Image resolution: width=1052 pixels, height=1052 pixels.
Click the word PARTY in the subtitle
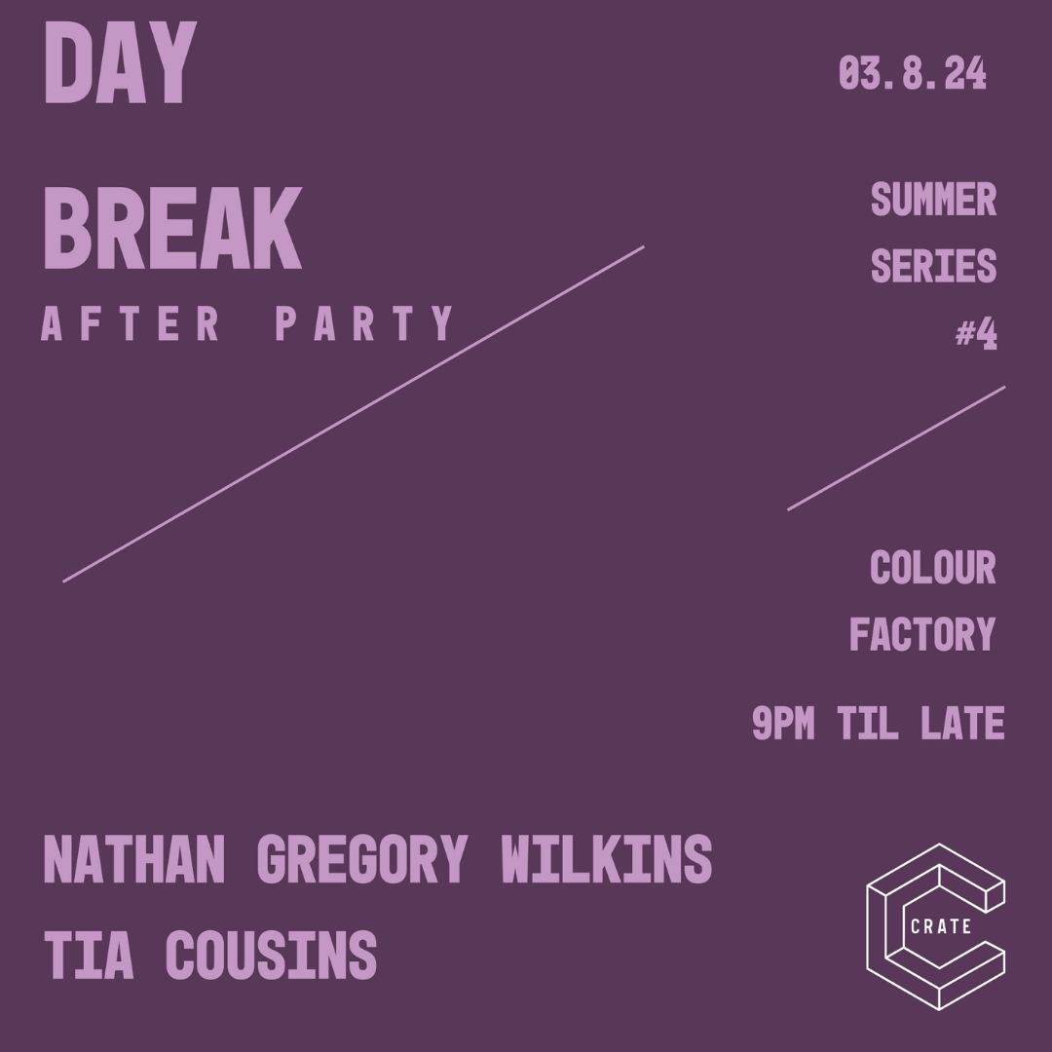pos(365,324)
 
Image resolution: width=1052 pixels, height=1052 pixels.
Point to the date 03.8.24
pos(913,75)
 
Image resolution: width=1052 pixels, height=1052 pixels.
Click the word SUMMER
pos(933,201)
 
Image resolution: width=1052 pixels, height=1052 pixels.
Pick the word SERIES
pos(933,265)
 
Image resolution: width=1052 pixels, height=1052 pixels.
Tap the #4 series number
pos(975,334)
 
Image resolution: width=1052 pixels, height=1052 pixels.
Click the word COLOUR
pos(933,568)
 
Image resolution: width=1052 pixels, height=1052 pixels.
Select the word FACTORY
pos(922,634)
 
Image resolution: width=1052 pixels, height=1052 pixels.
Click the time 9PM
pos(783,724)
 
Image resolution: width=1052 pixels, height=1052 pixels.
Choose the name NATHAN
pos(134,860)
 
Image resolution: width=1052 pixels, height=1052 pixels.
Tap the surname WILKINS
pos(606,860)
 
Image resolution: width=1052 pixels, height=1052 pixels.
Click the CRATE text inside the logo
pos(940,926)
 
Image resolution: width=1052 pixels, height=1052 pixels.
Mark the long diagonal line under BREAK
pos(354,414)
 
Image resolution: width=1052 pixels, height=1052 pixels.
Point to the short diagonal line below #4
pos(896,448)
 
